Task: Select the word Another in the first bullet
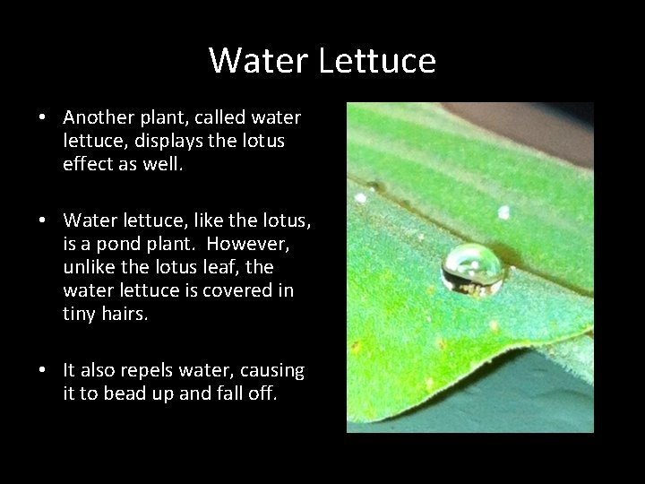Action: pos(98,118)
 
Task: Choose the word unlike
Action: pos(87,268)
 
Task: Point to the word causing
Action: pos(275,370)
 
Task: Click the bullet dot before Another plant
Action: pos(42,119)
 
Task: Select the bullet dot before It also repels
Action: pos(42,371)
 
